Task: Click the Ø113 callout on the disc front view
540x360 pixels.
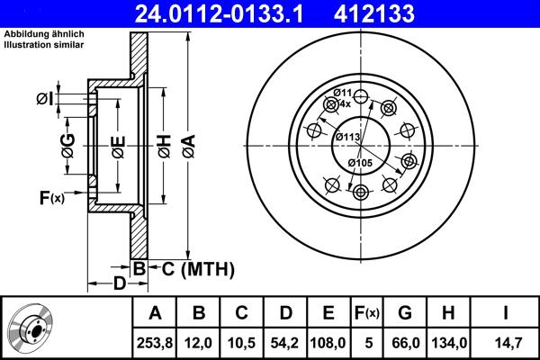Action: coord(347,137)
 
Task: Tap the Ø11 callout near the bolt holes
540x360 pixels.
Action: coord(341,94)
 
